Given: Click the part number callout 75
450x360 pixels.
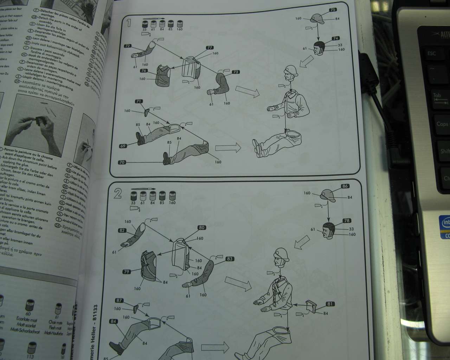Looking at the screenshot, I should click(x=333, y=10).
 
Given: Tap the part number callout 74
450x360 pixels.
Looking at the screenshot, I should click(x=335, y=38).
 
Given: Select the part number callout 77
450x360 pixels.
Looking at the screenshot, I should click(x=210, y=47).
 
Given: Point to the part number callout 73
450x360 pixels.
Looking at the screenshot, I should click(x=236, y=72).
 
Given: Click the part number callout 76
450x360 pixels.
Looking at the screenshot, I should click(x=143, y=71).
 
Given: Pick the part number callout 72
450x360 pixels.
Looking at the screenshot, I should click(x=128, y=46).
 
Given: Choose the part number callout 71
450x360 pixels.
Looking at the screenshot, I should click(x=139, y=101).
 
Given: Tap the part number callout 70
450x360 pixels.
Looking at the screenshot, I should click(x=122, y=162).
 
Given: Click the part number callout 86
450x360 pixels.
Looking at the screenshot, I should click(x=345, y=186).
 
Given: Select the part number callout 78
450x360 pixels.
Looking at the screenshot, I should click(x=347, y=221).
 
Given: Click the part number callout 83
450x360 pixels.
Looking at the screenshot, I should click(x=230, y=259).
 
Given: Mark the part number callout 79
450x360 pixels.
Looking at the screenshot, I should click(x=127, y=272).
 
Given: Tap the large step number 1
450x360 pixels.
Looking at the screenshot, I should click(x=129, y=23).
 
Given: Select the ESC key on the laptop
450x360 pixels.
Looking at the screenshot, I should click(x=431, y=53).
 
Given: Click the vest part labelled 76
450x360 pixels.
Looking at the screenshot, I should click(x=162, y=75).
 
